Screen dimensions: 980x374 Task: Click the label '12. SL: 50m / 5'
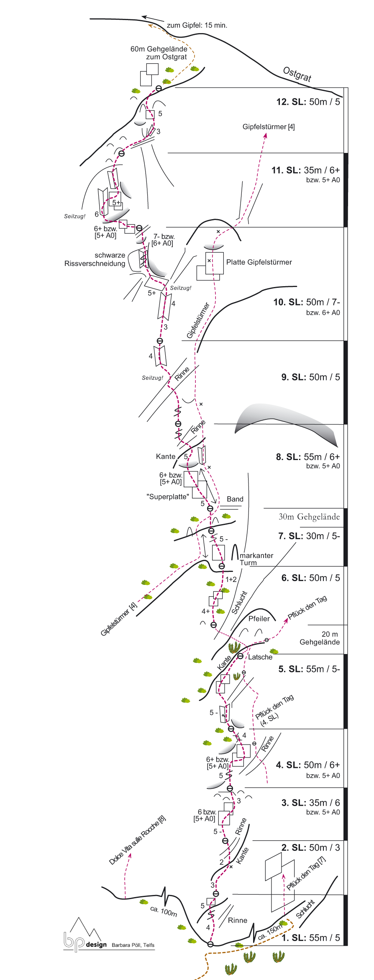308,102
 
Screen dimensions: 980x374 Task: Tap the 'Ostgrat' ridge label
297,74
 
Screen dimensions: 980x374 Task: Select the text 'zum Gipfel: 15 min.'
197,25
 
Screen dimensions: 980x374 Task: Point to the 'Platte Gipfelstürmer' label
259,262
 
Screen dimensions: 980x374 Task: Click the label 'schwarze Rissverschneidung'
95,259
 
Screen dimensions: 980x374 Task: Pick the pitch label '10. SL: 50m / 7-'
306,302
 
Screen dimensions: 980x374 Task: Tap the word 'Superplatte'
168,496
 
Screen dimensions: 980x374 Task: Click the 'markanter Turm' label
256,559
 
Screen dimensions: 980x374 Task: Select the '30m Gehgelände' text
309,517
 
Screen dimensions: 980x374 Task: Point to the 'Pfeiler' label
259,618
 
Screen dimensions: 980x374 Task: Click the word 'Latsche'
260,657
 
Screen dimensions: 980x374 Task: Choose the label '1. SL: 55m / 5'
310,938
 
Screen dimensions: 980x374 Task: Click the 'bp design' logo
86,940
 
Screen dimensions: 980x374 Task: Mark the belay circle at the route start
210,944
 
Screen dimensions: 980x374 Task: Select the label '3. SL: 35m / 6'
310,803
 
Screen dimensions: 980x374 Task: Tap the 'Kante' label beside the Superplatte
166,456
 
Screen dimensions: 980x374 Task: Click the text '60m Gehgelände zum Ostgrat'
159,53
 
